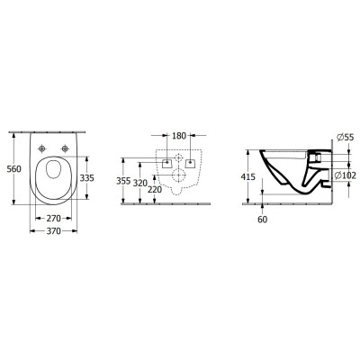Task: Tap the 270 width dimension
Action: coord(53,218)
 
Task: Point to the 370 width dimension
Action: coord(53,232)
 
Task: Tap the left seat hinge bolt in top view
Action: coord(42,148)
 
